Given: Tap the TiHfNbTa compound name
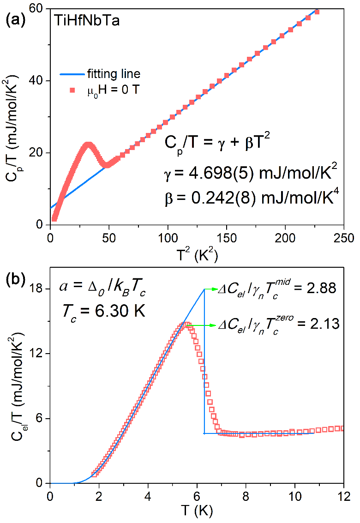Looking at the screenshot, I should [86, 22].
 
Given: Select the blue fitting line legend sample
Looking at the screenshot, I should [71, 74].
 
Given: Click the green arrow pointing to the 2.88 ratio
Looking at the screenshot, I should [211, 289].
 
